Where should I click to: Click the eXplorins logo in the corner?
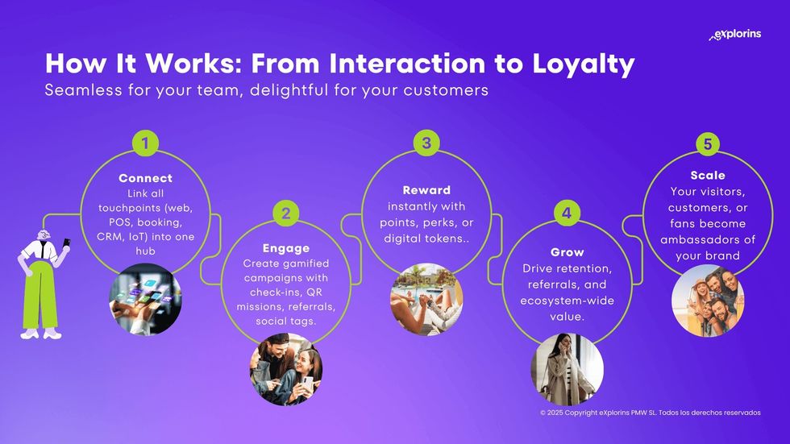[734, 35]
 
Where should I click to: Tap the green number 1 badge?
[145, 143]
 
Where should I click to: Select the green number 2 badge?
[285, 214]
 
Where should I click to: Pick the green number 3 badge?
[426, 143]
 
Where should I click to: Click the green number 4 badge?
[568, 214]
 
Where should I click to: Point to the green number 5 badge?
[708, 143]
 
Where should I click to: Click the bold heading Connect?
[145, 178]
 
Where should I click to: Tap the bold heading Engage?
[285, 248]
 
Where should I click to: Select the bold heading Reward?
[426, 190]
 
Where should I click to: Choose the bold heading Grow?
[568, 252]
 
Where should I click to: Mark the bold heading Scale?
[708, 175]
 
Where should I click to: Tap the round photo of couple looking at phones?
[285, 370]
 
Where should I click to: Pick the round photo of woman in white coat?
[568, 370]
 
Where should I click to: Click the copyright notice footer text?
[650, 413]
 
